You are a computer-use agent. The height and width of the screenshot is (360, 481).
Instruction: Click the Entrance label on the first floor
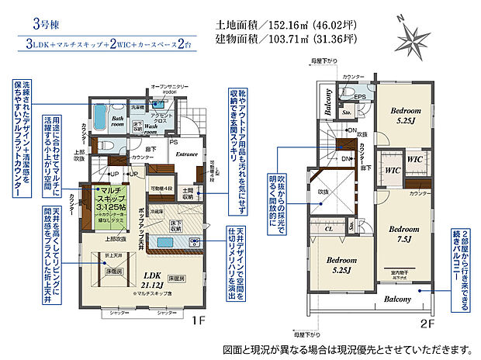point(187,155)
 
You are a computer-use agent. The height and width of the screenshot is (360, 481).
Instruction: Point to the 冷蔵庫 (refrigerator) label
point(155,211)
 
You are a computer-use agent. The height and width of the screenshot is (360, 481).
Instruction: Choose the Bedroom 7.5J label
point(403,234)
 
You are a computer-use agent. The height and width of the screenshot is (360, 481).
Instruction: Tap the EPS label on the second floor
point(360,97)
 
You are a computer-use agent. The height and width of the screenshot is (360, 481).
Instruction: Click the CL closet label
point(328,230)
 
